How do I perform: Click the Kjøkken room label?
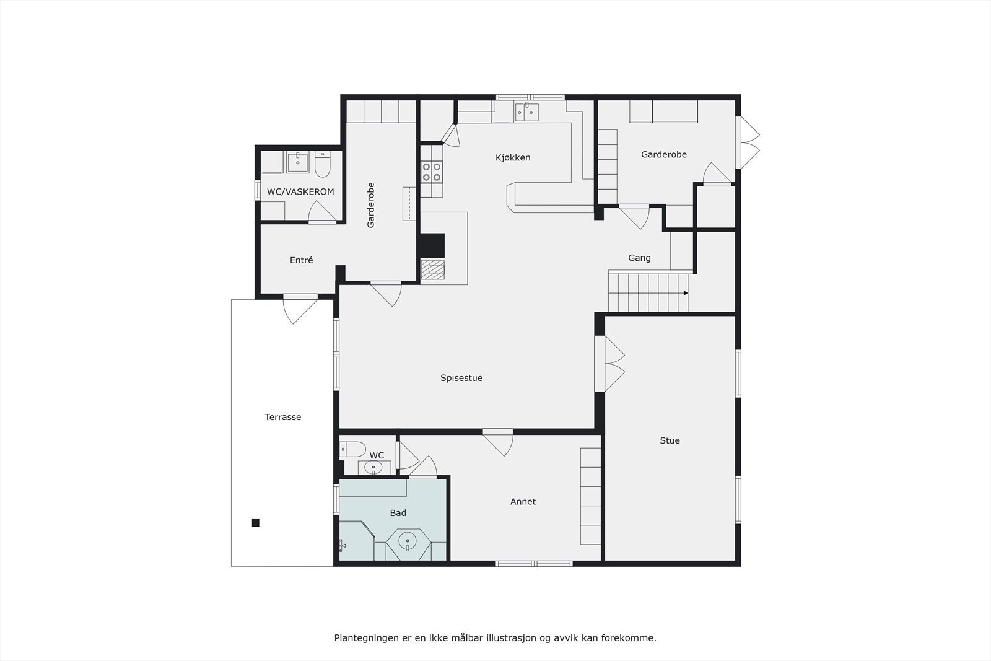coord(513,157)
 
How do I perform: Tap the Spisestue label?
coord(461,378)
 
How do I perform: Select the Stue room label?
coord(670,440)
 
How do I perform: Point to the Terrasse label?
coord(282,417)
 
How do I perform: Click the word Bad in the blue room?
coord(398,513)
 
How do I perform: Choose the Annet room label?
coord(523,501)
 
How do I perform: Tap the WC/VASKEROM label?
coord(300,191)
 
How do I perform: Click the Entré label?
coord(301,260)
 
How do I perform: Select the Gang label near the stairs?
coord(639,258)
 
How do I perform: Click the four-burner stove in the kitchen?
coord(432,172)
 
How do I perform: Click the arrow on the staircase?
coord(686,293)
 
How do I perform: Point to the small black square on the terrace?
coord(255,523)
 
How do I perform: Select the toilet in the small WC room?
coord(353,448)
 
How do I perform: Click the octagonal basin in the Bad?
coord(408,542)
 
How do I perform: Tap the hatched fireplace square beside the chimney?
coord(432,271)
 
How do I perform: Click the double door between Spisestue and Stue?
coord(610,364)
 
